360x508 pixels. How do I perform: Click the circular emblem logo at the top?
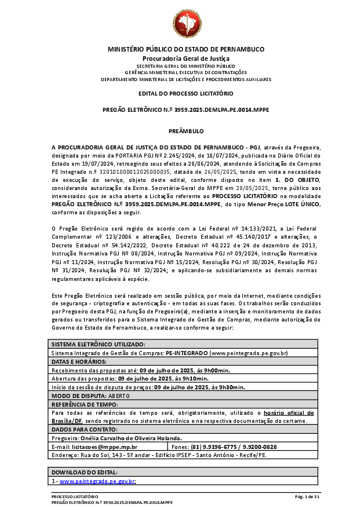[x=187, y=23]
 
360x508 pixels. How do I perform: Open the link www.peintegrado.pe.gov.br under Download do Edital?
[x=97, y=481]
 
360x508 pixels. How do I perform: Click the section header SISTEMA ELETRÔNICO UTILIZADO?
[x=98, y=344]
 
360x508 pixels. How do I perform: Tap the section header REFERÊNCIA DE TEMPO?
[x=85, y=404]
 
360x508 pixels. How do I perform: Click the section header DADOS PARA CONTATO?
[x=84, y=429]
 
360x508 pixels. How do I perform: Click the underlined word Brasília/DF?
[x=69, y=421]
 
